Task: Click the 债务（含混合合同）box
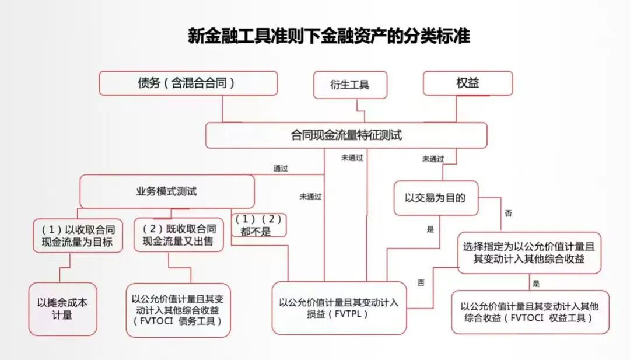(x=188, y=83)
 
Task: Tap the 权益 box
(x=467, y=83)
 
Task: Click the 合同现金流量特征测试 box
(x=346, y=135)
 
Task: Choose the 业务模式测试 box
(x=167, y=191)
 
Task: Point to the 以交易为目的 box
(x=435, y=198)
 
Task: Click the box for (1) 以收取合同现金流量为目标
(x=78, y=235)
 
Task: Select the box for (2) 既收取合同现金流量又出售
(x=178, y=235)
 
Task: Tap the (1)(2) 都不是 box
(x=259, y=225)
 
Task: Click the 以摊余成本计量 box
(x=62, y=309)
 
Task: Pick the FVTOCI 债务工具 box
(x=178, y=310)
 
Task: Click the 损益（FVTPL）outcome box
(x=338, y=308)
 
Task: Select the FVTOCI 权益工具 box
(x=530, y=312)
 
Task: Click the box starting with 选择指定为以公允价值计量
(x=529, y=252)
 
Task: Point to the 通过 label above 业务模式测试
(x=281, y=168)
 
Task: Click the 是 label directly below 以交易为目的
(x=430, y=229)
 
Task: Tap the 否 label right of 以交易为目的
(x=508, y=214)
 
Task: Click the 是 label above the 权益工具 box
(x=535, y=284)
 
